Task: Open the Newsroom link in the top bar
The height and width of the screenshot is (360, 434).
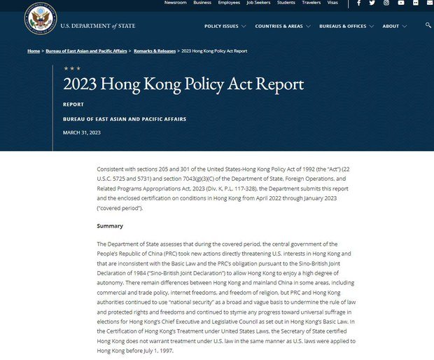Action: coord(175,3)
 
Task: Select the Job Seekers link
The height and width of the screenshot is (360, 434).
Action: coord(259,3)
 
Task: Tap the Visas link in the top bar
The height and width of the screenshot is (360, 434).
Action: coord(332,3)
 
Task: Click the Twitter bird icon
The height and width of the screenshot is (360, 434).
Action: coord(372,3)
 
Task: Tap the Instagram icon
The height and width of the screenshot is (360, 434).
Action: coord(386,3)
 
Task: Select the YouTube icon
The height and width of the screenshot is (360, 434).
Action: coord(401,3)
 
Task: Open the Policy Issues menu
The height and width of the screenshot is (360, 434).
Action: coord(225,26)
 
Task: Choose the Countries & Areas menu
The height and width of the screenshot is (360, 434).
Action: coord(282,26)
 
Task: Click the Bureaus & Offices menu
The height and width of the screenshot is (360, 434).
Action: coord(345,26)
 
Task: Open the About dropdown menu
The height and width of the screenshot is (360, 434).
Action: coord(393,26)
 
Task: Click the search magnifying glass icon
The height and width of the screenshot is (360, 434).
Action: coord(428,25)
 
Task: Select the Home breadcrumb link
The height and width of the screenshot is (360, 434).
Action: coord(34,51)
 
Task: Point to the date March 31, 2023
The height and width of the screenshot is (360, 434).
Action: coord(82,132)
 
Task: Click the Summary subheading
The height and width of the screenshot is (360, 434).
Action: coord(110,226)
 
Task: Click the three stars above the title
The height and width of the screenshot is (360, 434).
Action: coord(71,69)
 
